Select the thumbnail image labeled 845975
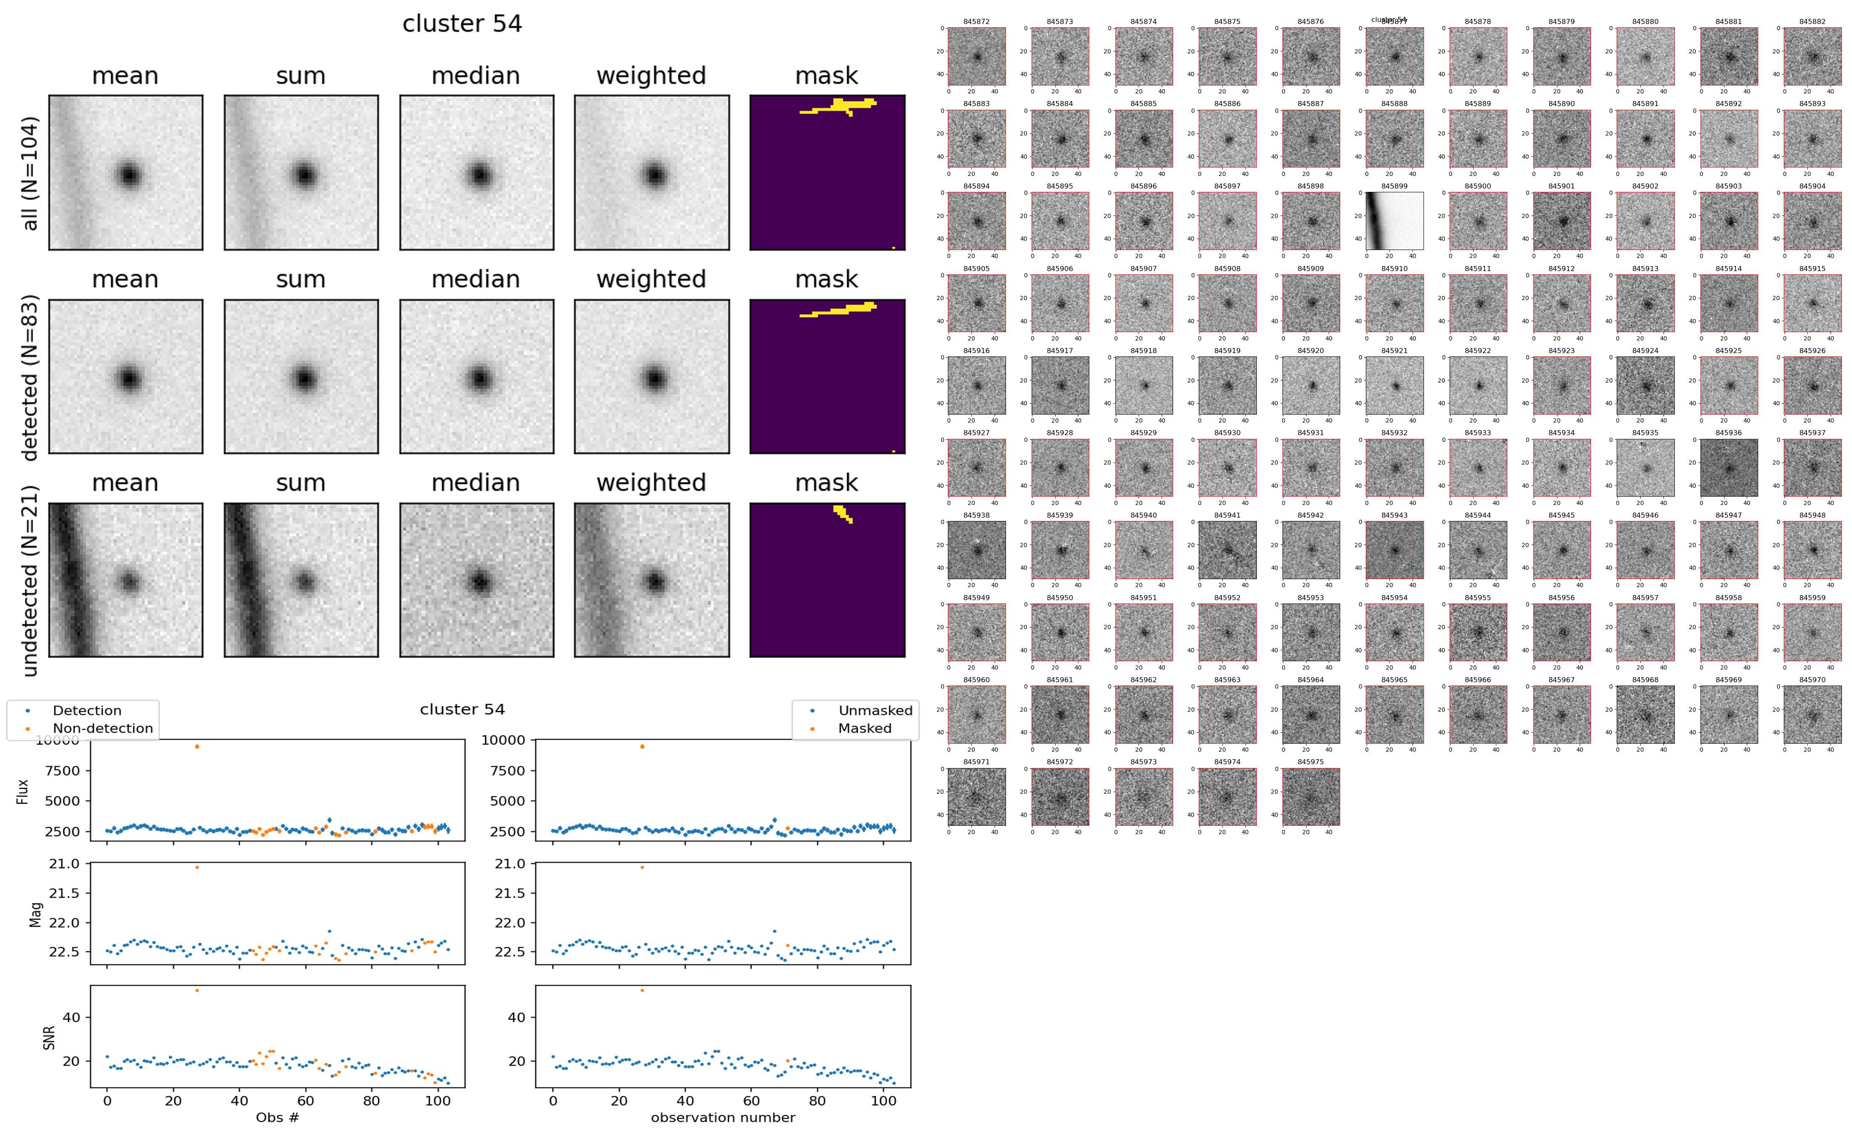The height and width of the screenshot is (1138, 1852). (1310, 796)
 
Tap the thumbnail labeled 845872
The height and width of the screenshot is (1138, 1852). (976, 56)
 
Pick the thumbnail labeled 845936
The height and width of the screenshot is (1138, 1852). (1729, 468)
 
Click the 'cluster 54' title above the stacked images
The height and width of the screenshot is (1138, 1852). (462, 24)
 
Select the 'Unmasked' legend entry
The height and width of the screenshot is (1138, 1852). (875, 710)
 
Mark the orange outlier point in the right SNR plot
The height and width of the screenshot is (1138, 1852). (642, 990)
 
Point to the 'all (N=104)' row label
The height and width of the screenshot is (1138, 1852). (30, 173)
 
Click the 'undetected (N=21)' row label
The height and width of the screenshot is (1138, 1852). (30, 580)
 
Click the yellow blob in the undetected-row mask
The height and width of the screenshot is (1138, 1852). (843, 513)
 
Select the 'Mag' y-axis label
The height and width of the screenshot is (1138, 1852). (35, 914)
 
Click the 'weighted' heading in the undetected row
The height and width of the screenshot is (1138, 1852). (651, 482)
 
